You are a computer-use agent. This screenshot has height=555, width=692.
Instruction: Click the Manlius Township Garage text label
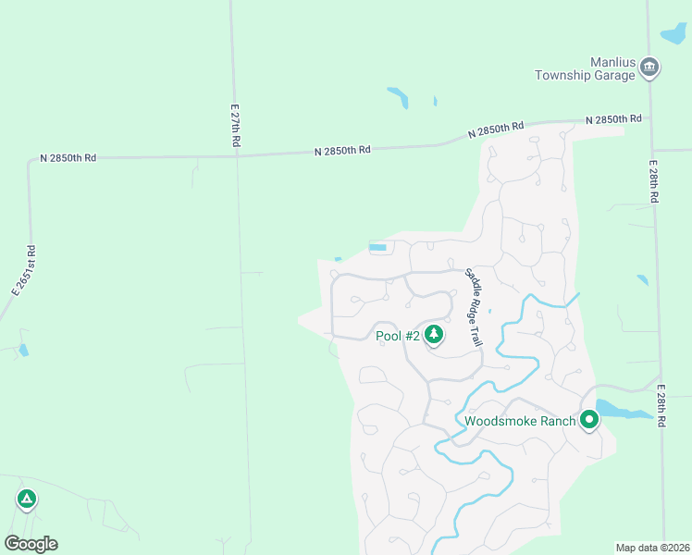(x=585, y=68)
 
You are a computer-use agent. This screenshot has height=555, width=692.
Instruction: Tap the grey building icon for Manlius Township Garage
(x=649, y=67)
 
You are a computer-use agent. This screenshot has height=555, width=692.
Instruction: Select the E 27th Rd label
(x=236, y=126)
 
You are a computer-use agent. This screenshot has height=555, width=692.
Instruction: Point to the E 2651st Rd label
(x=24, y=270)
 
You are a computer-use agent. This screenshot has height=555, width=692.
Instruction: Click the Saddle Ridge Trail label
(x=474, y=307)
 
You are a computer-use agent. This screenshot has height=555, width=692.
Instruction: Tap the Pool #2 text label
(x=398, y=336)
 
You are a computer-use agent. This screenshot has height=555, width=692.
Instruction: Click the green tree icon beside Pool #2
(x=433, y=335)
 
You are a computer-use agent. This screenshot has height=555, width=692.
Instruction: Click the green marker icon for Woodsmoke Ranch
(x=588, y=421)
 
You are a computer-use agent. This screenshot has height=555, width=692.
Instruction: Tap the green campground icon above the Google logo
(x=27, y=499)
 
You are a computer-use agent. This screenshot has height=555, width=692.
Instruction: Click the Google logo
(x=31, y=544)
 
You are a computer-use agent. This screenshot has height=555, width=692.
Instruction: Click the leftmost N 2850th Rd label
(x=68, y=158)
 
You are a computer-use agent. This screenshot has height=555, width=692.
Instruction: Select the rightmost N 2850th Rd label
(x=613, y=119)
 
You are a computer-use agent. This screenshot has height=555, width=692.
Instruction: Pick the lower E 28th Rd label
(x=662, y=404)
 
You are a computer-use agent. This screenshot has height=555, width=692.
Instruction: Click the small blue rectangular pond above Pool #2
(x=377, y=247)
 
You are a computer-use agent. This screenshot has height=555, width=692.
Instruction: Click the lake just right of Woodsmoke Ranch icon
(x=618, y=410)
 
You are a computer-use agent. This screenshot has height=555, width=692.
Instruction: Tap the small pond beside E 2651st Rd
(x=23, y=351)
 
